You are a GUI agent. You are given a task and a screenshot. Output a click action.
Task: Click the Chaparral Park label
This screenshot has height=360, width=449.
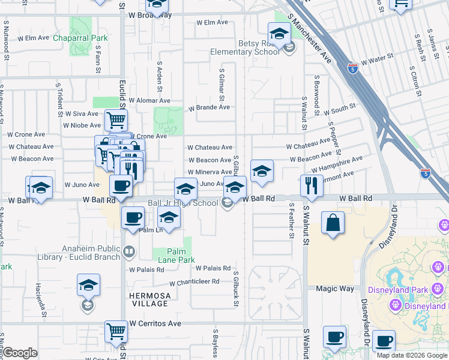[x=79, y=38]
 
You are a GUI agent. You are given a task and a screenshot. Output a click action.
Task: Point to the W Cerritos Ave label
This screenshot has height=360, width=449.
[x=157, y=323]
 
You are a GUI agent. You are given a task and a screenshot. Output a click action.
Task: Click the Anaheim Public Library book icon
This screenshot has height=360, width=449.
[x=130, y=251]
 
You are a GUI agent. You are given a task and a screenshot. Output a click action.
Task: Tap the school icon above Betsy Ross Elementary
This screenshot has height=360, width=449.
[x=279, y=33]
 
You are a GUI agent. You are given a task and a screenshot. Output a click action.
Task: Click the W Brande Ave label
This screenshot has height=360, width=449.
[x=209, y=108]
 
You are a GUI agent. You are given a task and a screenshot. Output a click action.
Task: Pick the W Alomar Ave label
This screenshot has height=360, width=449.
[x=150, y=101]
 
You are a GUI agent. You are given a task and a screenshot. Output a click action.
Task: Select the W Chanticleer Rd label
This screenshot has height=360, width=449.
[x=195, y=283]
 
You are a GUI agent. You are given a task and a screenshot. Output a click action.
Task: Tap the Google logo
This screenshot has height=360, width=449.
[x=20, y=352]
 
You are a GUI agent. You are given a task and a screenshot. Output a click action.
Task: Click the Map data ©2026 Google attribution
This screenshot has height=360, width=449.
[x=412, y=355]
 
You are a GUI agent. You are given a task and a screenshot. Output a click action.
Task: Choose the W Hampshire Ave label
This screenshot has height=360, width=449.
[x=339, y=164]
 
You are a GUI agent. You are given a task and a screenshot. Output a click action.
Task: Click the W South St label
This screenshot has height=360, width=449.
[x=340, y=111]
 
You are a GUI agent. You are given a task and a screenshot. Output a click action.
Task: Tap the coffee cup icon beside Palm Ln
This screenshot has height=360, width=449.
[x=132, y=218]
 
